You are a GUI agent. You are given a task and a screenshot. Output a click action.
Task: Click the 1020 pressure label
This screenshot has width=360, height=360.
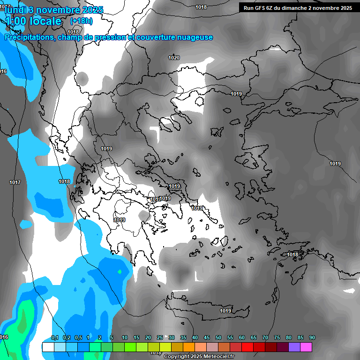tap(173, 58)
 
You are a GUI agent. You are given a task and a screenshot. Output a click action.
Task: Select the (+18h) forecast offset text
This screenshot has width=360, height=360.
tap(81, 21)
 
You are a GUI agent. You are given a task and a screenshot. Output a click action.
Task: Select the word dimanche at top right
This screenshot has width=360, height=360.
tap(301, 8)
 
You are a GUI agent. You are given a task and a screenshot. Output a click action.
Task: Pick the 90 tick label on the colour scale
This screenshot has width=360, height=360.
tap(312, 338)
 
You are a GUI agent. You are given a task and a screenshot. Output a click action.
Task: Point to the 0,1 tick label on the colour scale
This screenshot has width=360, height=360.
tap(54, 338)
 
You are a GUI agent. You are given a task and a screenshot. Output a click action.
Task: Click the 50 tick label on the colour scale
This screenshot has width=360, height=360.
tap(218, 338)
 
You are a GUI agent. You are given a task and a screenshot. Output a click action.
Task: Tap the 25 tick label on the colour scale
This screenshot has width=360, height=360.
tap(160, 338)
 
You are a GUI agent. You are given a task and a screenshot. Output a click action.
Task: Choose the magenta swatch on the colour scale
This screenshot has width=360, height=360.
tap(306, 347)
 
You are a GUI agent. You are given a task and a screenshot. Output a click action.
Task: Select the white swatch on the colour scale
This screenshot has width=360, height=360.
tap(48, 347)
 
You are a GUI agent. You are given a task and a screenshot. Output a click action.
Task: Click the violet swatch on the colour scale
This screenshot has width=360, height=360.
tap(294, 347)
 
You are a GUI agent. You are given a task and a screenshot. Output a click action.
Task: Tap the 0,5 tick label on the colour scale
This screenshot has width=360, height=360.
tap(78, 338)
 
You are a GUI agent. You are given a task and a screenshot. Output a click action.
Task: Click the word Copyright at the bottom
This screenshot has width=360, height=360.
tap(176, 357)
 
